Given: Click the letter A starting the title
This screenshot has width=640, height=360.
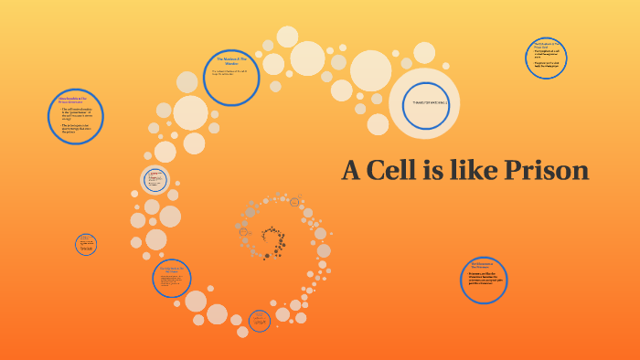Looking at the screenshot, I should [x=351, y=170].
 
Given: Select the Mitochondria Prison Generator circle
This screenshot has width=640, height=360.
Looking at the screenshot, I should [x=75, y=116].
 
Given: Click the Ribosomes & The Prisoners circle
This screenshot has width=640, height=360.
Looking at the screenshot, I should [x=484, y=279].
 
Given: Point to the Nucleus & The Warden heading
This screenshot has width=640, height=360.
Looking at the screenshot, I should [x=232, y=60].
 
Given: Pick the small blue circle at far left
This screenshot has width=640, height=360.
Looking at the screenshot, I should [x=86, y=244].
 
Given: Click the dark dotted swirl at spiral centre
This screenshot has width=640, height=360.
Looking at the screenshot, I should [x=272, y=239].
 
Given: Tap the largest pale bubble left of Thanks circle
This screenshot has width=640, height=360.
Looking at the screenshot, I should [x=371, y=70].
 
